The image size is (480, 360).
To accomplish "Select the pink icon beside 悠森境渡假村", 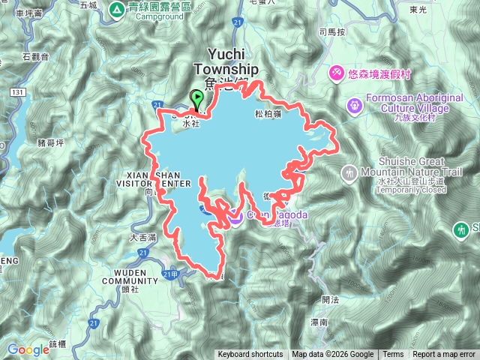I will pos(337,72).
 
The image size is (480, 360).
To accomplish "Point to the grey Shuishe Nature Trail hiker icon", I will pos(348,175).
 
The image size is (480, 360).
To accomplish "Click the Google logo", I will pos(28,349).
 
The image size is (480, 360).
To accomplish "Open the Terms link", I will pos(392,355).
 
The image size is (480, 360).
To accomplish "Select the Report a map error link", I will pos(444,355).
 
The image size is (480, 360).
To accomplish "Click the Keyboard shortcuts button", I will pos(250,355).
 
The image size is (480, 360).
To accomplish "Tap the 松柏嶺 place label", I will pos(268,114).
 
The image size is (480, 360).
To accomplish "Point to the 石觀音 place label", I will pos(35,56).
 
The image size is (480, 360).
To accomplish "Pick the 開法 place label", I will pos(330,299).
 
